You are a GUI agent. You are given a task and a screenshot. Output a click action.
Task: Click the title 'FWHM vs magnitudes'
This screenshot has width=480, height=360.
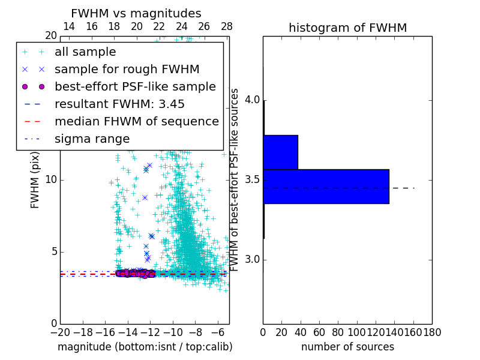click(136, 13)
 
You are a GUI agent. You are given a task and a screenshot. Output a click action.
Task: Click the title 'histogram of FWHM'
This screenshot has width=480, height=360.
click(347, 28)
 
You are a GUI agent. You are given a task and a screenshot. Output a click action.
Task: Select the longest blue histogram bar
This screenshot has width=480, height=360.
click(326, 187)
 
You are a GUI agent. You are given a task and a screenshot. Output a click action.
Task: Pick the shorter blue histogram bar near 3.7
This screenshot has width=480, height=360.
click(280, 152)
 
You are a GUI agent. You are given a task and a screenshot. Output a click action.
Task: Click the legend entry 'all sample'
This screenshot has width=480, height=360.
click(85, 52)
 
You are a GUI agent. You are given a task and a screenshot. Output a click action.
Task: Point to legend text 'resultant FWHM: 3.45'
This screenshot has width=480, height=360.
click(119, 104)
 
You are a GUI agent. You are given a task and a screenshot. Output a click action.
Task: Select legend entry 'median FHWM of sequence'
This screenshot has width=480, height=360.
click(136, 121)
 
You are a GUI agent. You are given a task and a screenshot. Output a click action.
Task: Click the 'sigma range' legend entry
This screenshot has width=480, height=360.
click(92, 139)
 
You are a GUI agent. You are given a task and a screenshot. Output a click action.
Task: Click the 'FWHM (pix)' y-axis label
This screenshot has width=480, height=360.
click(35, 180)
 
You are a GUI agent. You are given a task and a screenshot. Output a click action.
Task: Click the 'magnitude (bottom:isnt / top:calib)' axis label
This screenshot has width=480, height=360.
click(145, 347)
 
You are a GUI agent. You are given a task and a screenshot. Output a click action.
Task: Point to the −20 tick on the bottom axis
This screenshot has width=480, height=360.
click(60, 332)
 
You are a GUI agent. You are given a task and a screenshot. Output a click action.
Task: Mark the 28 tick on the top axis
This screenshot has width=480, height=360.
click(227, 26)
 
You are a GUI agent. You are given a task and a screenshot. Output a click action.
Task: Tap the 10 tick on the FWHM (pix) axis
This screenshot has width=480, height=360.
click(51, 180)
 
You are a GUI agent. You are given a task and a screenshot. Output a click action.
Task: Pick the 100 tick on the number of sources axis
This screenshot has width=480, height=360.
click(357, 332)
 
